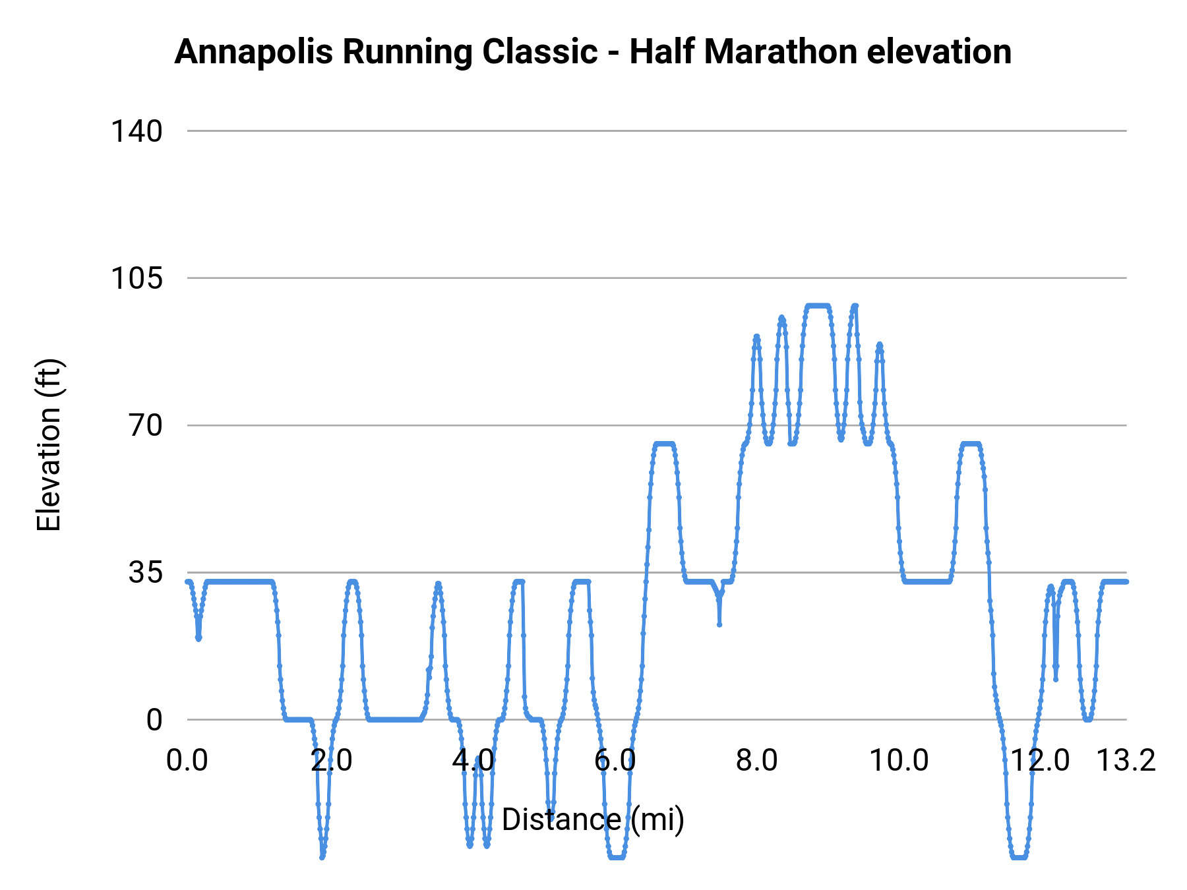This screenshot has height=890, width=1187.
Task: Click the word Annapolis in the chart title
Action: point(254,53)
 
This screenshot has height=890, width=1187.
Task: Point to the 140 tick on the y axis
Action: point(136,131)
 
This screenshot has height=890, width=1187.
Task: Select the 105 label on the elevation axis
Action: point(136,278)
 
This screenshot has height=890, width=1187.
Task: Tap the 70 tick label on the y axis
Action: point(145,425)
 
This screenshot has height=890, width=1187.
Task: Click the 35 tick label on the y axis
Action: point(145,573)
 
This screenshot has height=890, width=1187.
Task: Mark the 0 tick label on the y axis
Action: point(154,720)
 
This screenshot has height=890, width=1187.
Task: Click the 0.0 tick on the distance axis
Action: point(187,761)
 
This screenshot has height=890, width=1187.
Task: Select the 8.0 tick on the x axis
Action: point(756,761)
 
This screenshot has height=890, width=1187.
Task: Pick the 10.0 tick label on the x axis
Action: point(899,761)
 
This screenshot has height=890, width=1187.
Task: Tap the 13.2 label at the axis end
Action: point(1126,761)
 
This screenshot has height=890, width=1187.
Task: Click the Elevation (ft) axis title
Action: point(49,445)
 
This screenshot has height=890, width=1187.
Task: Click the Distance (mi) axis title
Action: point(593,819)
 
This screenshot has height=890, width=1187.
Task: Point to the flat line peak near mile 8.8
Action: point(817,306)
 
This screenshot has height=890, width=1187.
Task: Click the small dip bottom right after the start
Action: point(198,638)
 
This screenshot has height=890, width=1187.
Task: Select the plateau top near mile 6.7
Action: point(664,444)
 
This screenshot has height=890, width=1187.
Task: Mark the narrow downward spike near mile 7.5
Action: point(719,624)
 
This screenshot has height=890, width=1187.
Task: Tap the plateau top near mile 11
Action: point(970,444)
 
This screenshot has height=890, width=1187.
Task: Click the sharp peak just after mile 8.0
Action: point(756,337)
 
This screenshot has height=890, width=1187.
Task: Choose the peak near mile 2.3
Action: point(352,582)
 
